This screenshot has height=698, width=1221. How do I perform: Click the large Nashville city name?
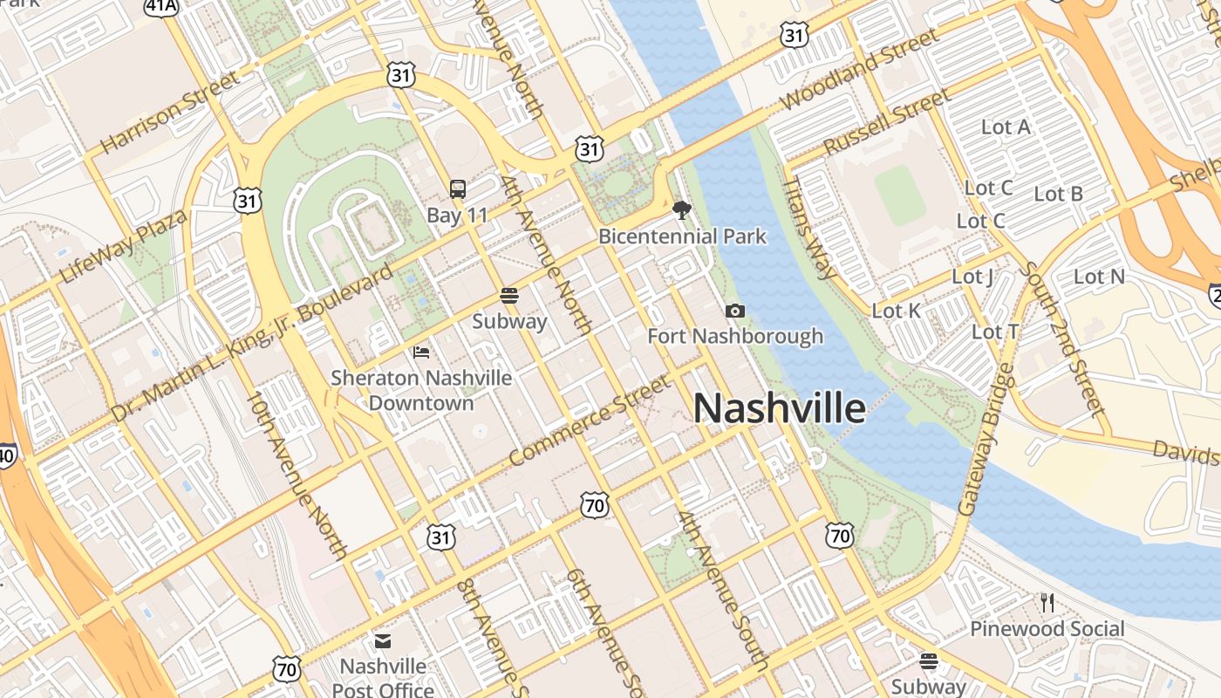(780, 408)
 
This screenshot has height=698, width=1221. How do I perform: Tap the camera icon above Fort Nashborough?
(735, 311)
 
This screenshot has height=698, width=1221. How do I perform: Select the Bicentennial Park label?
(682, 236)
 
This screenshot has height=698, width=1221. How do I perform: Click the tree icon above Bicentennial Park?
(681, 209)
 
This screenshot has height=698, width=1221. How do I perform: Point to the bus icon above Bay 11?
(457, 188)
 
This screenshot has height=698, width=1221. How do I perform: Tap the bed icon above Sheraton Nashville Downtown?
(421, 352)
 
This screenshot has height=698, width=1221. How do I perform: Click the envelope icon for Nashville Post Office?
(383, 642)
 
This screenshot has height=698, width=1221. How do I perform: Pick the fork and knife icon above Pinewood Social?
(1047, 602)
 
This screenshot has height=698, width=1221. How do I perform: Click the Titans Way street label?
(809, 229)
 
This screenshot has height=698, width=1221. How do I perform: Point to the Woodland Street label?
(860, 69)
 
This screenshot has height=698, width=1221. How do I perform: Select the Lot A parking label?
(1006, 127)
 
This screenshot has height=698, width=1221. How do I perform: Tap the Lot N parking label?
(1099, 277)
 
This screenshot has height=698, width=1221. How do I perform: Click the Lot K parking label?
(896, 311)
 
